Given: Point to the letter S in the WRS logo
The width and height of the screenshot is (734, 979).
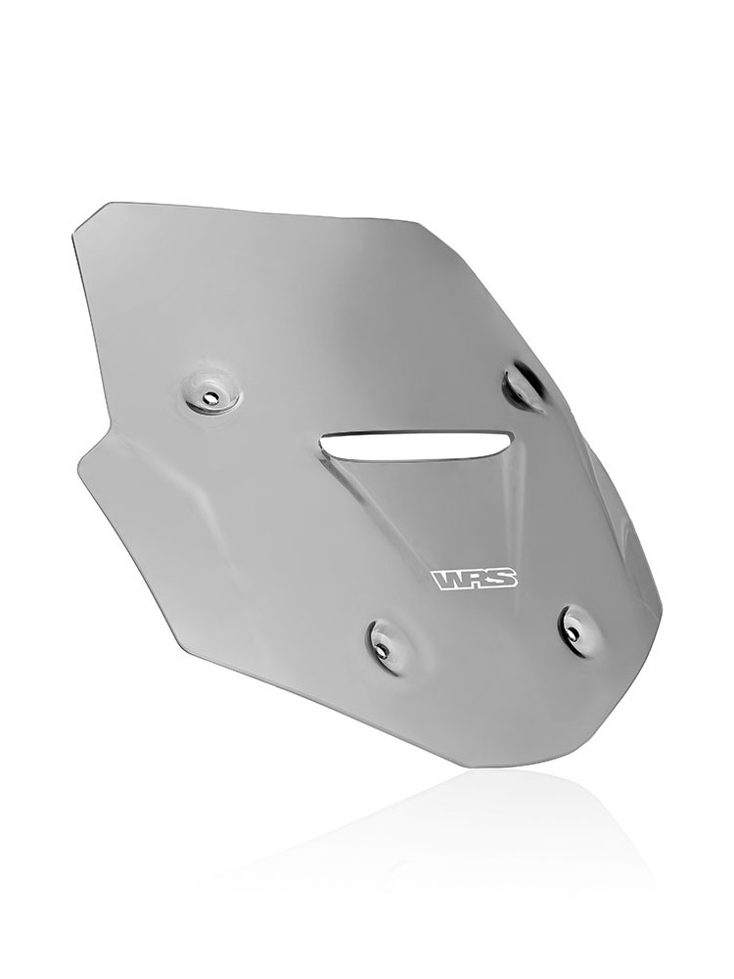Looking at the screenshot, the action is pyautogui.click(x=506, y=579).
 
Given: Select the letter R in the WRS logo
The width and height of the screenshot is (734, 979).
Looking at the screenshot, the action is pyautogui.click(x=481, y=580).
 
